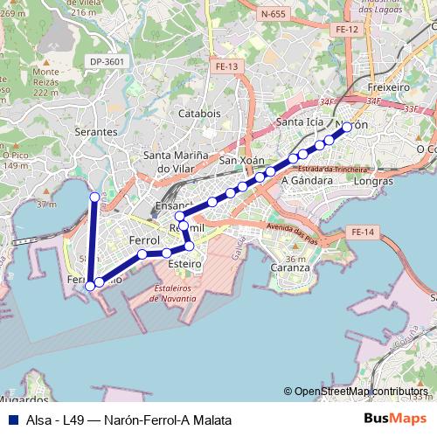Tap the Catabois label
click(x=199, y=114)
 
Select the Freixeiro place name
click(x=389, y=87)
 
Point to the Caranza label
click(x=289, y=267)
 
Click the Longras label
click(x=375, y=182)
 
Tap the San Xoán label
click(x=240, y=161)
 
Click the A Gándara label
click(x=307, y=180)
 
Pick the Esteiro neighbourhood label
click(x=184, y=262)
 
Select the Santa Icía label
click(x=295, y=122)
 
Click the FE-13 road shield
click(x=226, y=66)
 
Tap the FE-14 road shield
click(x=360, y=232)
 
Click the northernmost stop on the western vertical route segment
click(x=94, y=198)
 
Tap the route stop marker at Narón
click(x=347, y=127)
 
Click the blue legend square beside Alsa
click(x=10, y=420)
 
